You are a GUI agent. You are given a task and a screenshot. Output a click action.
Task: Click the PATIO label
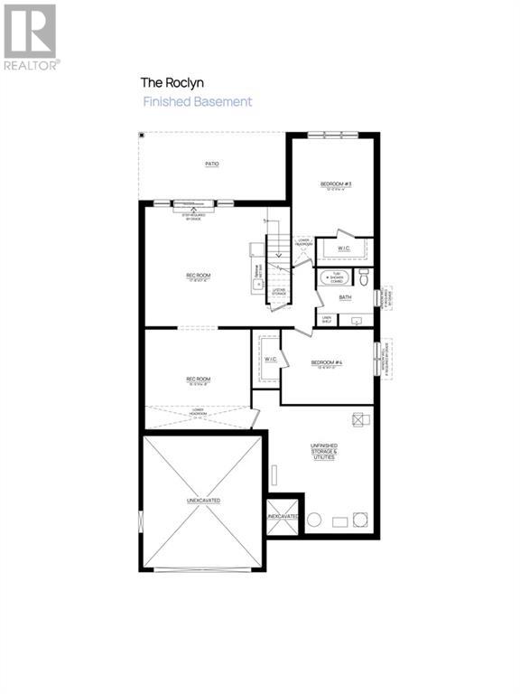[212, 164]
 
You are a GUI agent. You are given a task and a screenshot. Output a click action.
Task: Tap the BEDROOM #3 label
[336, 185]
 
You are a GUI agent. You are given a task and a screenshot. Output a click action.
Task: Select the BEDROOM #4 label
[326, 363]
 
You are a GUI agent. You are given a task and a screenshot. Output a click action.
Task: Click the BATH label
[345, 296]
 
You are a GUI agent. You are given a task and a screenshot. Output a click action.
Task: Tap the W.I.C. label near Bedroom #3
[344, 248]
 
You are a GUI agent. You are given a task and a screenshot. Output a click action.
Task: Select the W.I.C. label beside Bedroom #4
[270, 360]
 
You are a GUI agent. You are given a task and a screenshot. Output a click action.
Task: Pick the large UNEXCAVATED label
[204, 500]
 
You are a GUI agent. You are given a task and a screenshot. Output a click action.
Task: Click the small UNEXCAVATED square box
[283, 516]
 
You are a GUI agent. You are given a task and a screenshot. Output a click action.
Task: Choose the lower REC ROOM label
[198, 379]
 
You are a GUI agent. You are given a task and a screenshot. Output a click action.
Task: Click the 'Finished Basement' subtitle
[198, 101]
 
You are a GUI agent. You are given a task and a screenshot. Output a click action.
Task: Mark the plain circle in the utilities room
[314, 520]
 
